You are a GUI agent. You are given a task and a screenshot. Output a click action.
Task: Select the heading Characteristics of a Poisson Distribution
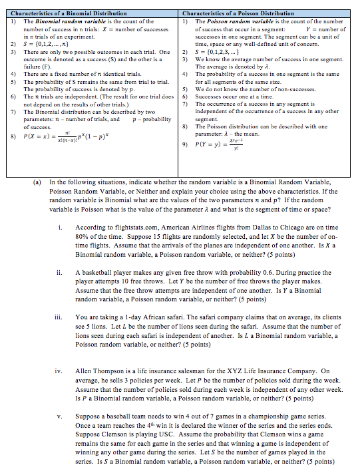click(238, 13)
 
